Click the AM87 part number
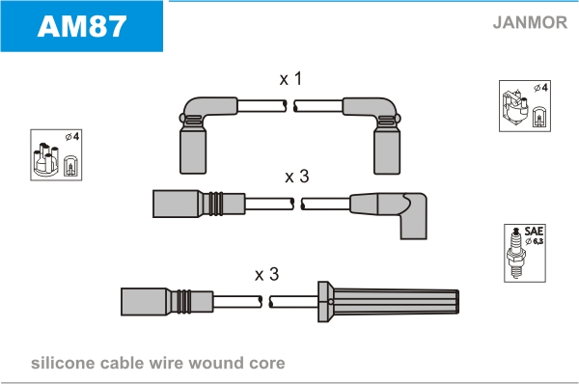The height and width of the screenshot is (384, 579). [82, 26]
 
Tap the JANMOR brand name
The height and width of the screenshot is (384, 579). [530, 22]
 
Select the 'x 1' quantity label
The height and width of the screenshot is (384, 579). [291, 79]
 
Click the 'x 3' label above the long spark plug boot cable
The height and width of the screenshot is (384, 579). [266, 274]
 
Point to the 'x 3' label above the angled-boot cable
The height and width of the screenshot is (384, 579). [297, 177]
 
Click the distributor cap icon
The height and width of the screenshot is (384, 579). [45, 159]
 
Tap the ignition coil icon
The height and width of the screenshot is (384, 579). [514, 108]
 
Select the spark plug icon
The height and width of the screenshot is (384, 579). [516, 254]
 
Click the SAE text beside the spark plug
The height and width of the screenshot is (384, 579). [534, 232]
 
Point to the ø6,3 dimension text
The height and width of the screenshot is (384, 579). [535, 241]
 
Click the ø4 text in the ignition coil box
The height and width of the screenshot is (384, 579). [541, 88]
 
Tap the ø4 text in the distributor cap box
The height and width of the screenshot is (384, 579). [72, 137]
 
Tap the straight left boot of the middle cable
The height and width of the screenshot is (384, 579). [199, 204]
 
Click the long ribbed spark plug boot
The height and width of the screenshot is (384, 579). [388, 302]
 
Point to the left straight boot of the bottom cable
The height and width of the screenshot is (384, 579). [167, 302]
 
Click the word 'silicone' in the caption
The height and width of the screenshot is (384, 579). [63, 363]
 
